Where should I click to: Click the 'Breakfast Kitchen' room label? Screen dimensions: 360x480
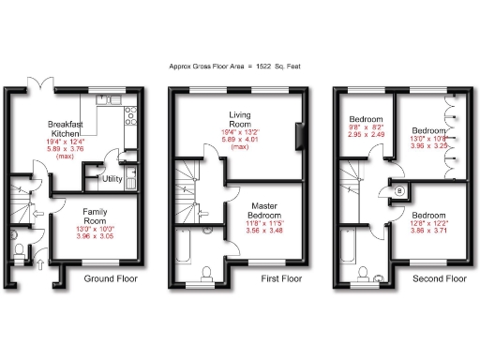point(67,129)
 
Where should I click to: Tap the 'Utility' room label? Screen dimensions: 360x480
point(112,178)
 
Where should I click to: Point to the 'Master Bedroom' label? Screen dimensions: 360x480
point(257,210)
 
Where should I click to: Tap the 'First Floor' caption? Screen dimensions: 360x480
point(267,278)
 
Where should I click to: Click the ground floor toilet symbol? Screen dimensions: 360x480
point(20,249)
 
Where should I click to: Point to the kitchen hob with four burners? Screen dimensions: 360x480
point(131,117)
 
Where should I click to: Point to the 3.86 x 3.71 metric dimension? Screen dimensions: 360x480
point(431,230)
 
